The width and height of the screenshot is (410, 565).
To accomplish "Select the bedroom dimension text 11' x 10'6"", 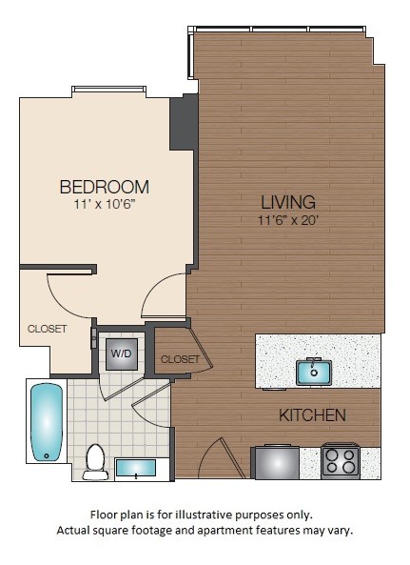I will tap(104, 203).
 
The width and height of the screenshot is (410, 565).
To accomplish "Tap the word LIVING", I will tap(288, 202).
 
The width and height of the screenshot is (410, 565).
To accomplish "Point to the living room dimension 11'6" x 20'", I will tap(288, 220).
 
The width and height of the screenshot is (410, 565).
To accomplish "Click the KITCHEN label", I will tap(311, 415).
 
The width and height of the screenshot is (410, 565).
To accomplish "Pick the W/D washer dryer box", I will tap(122, 353).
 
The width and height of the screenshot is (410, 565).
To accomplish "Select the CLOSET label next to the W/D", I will tap(180, 359).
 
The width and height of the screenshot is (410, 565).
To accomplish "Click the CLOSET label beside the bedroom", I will tap(47, 329).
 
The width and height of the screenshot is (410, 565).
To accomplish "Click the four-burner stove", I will tap(341, 461).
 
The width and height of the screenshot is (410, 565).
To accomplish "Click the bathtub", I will tap(45, 423).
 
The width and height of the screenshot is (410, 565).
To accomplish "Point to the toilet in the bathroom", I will tap(95, 460).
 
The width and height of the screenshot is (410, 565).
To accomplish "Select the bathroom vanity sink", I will tap(141, 469).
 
